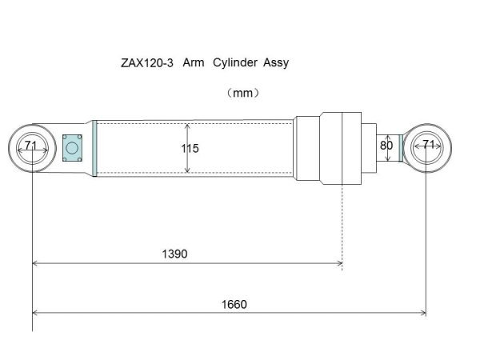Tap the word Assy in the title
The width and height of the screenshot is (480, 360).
270,62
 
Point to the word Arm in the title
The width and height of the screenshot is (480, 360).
193,62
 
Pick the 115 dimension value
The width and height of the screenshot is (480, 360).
190,149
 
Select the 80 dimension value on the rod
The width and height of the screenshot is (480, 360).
386,146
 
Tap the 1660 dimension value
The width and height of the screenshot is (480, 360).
234,304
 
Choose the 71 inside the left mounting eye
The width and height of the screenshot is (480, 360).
31,146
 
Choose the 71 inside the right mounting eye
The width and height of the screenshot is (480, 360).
429,145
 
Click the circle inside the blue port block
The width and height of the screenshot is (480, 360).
73,148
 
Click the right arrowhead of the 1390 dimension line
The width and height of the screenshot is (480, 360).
339,263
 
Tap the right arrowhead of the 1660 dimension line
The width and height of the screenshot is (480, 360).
422,312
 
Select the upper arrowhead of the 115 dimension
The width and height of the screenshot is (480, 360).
187,126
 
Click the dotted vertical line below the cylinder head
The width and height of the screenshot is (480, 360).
342,224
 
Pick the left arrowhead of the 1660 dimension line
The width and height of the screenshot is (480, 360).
35,312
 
